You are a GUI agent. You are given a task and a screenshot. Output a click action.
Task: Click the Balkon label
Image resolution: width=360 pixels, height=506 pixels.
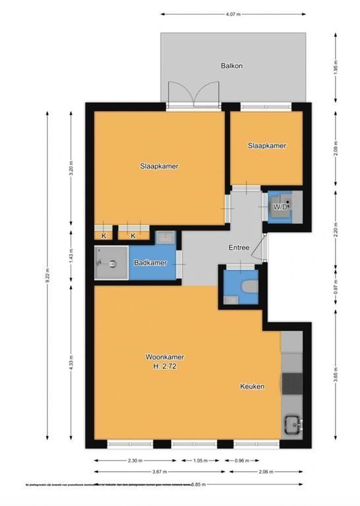(x=232, y=65)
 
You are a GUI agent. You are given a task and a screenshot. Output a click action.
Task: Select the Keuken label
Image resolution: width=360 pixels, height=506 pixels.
(x=252, y=387)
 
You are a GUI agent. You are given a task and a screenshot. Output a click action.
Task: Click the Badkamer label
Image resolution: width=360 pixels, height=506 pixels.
(x=150, y=264)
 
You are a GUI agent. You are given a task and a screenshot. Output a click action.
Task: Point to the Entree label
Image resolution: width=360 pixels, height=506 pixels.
(x=239, y=248)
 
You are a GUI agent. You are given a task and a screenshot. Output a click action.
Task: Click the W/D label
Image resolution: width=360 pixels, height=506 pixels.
(x=280, y=207)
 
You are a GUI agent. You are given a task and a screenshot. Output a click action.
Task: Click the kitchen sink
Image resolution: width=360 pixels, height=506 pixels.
(x=292, y=424)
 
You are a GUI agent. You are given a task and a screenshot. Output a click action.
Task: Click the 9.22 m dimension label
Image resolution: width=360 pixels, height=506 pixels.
(x=48, y=279)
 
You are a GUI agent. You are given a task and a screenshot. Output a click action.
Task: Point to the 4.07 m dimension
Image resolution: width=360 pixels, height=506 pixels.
(x=233, y=13)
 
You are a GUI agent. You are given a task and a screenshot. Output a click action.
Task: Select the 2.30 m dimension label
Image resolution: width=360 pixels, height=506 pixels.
(x=135, y=461)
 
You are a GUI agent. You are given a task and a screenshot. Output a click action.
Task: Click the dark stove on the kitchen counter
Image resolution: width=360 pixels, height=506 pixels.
(x=291, y=382)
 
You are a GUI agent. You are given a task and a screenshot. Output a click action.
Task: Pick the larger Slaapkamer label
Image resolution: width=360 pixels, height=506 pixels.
(x=160, y=166)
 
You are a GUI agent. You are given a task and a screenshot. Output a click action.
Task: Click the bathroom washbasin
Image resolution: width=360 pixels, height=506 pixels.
(x=165, y=237)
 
